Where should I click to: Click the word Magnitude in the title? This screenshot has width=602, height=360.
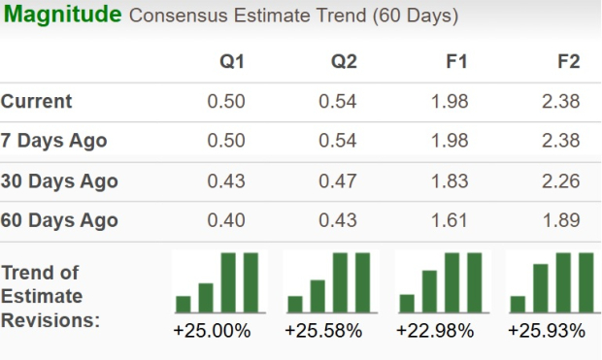(61, 16)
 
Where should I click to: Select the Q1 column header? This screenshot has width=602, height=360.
(231, 62)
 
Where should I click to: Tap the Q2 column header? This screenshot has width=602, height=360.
(344, 62)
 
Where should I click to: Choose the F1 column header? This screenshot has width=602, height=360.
(456, 62)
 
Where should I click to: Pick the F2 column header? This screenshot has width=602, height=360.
(568, 62)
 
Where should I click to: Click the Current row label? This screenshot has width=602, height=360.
(37, 102)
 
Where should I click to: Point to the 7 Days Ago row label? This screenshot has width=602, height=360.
(54, 142)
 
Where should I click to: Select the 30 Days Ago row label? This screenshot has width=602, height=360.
(59, 181)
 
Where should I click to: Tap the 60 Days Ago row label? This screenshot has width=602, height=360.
(59, 221)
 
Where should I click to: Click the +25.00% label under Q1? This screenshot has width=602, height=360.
(212, 331)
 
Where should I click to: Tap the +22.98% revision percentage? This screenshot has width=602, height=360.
(435, 331)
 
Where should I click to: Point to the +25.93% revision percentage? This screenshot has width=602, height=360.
(547, 331)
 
